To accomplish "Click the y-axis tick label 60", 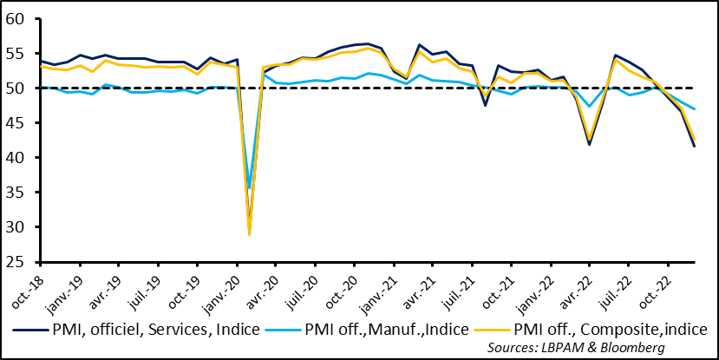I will coord(19,19).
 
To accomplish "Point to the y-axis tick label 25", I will coord(19,262).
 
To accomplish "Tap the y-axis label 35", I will coord(19,193).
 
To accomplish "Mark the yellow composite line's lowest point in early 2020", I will coord(250,234).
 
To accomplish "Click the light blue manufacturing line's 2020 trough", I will coord(250,187).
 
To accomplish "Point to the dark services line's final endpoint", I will coord(695,146).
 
